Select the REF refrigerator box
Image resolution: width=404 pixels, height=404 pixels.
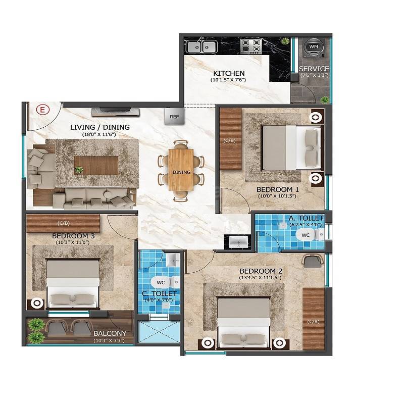(x=174, y=117)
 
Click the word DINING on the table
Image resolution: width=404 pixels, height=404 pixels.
(x=181, y=172)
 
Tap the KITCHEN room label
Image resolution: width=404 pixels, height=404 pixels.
(x=229, y=73)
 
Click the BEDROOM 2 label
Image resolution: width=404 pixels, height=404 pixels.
(x=261, y=271)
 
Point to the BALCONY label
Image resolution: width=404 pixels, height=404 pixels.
(x=110, y=334)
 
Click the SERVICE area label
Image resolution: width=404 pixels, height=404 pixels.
(x=314, y=69)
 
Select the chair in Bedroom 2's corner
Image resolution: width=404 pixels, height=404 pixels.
(x=314, y=261)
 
